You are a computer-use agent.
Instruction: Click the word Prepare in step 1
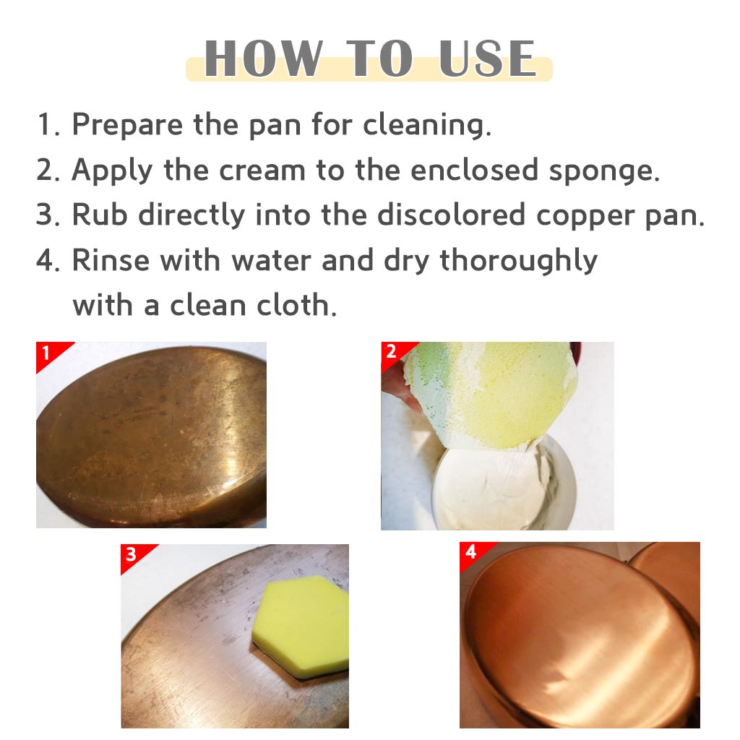pos(127,126)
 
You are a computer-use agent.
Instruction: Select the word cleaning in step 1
pos(426,126)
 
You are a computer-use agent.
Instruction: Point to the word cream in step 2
pos(262,171)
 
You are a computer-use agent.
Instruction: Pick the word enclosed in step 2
pos(474,170)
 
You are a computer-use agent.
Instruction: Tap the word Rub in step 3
pos(100,214)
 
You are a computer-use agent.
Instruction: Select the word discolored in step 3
pos(451,214)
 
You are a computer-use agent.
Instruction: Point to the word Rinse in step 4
pos(111,259)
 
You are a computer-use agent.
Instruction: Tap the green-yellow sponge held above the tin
pos(491,392)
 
